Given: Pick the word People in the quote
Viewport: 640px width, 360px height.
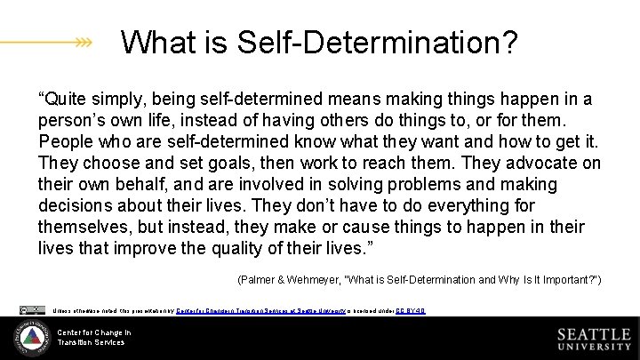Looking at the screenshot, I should (65, 141).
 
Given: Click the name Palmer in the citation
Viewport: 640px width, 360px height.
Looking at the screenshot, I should (258, 281).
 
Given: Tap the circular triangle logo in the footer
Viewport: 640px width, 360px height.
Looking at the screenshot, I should (31, 338).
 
